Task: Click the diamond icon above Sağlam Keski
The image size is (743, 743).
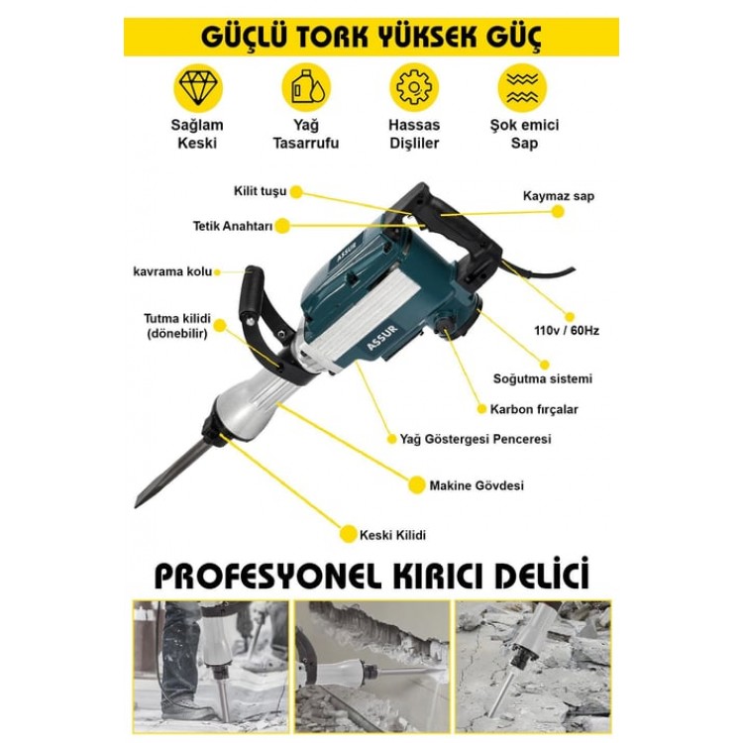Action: tap(197, 88)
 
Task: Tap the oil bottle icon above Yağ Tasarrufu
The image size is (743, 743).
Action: tap(306, 88)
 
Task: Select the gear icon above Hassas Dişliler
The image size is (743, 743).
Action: tap(414, 88)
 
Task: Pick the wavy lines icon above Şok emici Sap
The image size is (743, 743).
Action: tap(522, 88)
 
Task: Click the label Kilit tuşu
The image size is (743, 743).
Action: tap(261, 191)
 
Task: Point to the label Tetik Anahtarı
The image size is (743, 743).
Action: tap(233, 226)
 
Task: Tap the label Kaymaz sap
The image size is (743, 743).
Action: tap(558, 196)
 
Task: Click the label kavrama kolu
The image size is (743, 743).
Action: tap(172, 272)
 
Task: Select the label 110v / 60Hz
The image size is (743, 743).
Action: tap(567, 330)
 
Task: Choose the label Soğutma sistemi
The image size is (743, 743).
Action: tap(543, 378)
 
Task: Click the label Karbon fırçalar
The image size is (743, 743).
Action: tap(534, 409)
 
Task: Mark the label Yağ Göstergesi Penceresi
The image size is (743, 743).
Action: tap(476, 439)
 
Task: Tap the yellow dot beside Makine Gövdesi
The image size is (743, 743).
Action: tap(416, 484)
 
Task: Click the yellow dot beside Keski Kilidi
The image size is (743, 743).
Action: tap(348, 534)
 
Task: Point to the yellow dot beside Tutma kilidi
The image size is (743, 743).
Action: tap(220, 326)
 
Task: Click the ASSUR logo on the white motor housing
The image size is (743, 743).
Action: tap(382, 338)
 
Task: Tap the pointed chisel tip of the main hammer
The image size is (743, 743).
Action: tap(137, 506)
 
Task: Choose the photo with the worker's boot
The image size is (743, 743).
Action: tap(210, 667)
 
